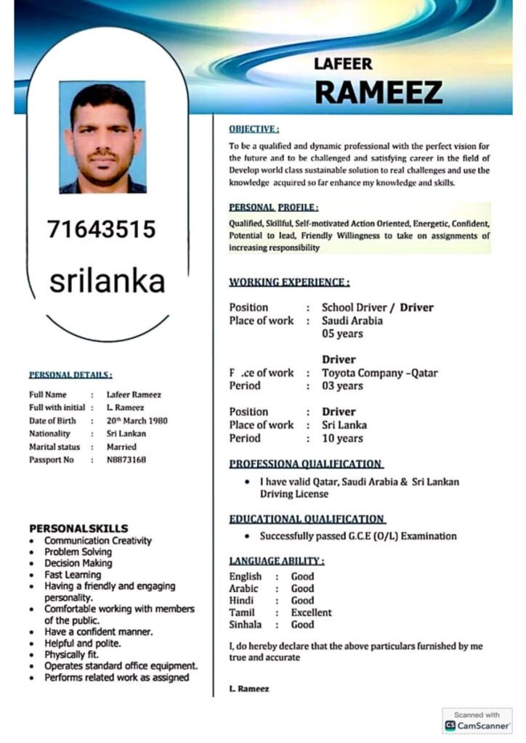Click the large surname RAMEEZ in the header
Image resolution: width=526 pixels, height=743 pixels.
pos(378,92)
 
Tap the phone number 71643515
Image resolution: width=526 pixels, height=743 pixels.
pos(102,229)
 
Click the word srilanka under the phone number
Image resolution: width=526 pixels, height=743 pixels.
pos(107,282)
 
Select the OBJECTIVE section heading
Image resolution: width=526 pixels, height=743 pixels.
pos(254,129)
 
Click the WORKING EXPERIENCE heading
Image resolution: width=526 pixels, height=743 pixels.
pos(289,282)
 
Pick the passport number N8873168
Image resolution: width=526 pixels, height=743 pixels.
pos(126,460)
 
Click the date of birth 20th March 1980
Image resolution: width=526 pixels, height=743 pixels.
pos(137,421)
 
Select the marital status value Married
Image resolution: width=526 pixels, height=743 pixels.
pos(121,447)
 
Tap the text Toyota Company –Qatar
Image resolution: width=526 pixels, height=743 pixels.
pos(380,373)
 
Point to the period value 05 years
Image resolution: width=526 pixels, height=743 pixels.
pos(342,334)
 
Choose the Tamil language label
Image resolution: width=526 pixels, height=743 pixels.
pos(242,612)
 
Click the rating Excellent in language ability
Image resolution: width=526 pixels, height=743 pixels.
pos(311,612)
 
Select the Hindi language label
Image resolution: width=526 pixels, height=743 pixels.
pos(241,601)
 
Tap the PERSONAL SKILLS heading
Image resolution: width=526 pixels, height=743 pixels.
pos(78,528)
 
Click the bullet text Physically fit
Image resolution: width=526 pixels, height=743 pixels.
pos(72,654)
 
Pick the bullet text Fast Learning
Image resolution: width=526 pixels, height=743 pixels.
pos(73,575)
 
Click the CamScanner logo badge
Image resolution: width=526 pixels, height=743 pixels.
pos(477,721)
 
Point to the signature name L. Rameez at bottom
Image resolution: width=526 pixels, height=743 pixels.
pos(249,689)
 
